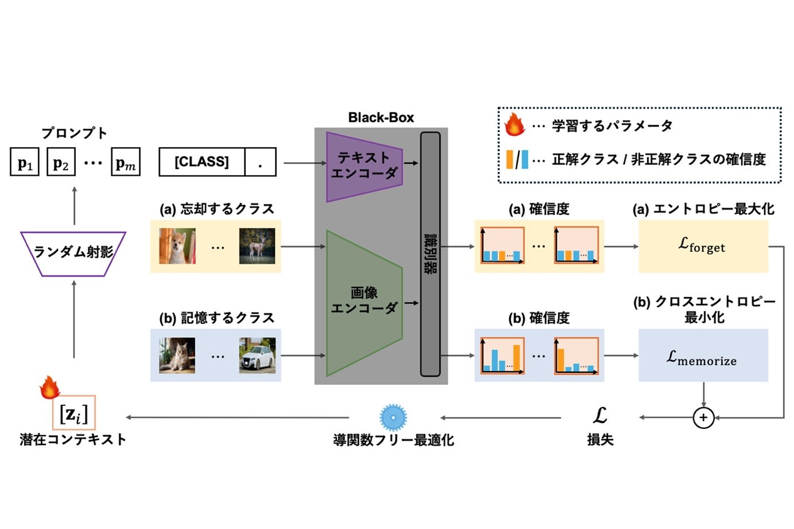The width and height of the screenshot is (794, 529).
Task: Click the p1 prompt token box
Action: click(x=25, y=162)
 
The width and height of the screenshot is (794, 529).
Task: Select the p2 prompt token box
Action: click(x=61, y=162)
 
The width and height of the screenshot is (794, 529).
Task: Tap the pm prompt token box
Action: click(x=125, y=162)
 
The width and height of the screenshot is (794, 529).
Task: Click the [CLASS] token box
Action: click(x=202, y=162)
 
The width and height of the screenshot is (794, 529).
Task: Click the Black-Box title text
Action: click(x=381, y=118)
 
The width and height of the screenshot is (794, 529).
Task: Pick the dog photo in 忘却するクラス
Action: click(x=177, y=246)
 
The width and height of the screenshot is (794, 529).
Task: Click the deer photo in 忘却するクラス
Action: click(x=257, y=246)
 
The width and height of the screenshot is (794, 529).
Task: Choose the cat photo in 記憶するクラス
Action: click(x=177, y=356)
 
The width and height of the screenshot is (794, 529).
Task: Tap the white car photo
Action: click(x=257, y=356)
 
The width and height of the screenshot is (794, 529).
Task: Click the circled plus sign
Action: click(x=703, y=417)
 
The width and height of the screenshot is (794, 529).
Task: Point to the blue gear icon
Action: click(x=393, y=417)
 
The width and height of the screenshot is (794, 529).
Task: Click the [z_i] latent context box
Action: click(x=74, y=413)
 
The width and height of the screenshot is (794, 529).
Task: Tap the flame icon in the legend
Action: click(x=514, y=124)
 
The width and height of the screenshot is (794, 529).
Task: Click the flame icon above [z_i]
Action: click(x=50, y=388)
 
